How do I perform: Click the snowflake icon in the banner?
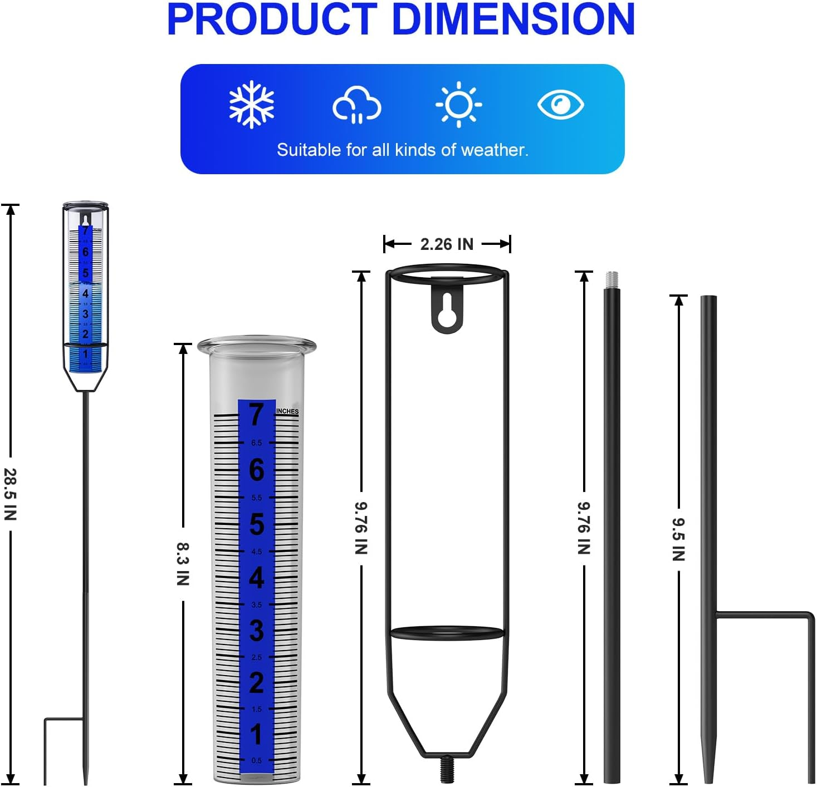(x=252, y=105)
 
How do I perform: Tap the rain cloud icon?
(x=356, y=105)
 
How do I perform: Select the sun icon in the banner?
(x=458, y=105)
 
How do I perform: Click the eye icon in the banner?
(x=560, y=105)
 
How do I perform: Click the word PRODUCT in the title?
(x=272, y=19)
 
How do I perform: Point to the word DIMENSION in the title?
(x=513, y=19)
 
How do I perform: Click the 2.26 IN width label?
(x=447, y=244)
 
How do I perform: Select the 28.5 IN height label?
(x=11, y=494)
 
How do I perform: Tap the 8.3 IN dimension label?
(x=183, y=564)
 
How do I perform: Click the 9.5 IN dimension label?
(x=678, y=539)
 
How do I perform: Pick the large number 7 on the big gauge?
(x=256, y=415)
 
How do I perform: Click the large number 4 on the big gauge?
(x=256, y=578)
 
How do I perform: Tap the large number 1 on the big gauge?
(x=256, y=734)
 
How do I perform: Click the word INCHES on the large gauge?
(x=287, y=411)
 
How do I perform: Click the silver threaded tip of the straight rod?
(x=611, y=279)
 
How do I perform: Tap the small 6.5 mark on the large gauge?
(x=256, y=443)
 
